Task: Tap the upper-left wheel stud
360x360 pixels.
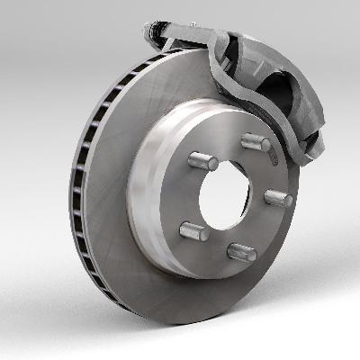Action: tap(202, 161)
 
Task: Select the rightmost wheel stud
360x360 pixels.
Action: tap(278, 197)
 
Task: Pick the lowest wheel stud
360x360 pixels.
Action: tap(241, 251)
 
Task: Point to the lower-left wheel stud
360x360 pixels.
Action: tap(194, 230)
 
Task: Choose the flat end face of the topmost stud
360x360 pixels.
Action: tap(262, 144)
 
